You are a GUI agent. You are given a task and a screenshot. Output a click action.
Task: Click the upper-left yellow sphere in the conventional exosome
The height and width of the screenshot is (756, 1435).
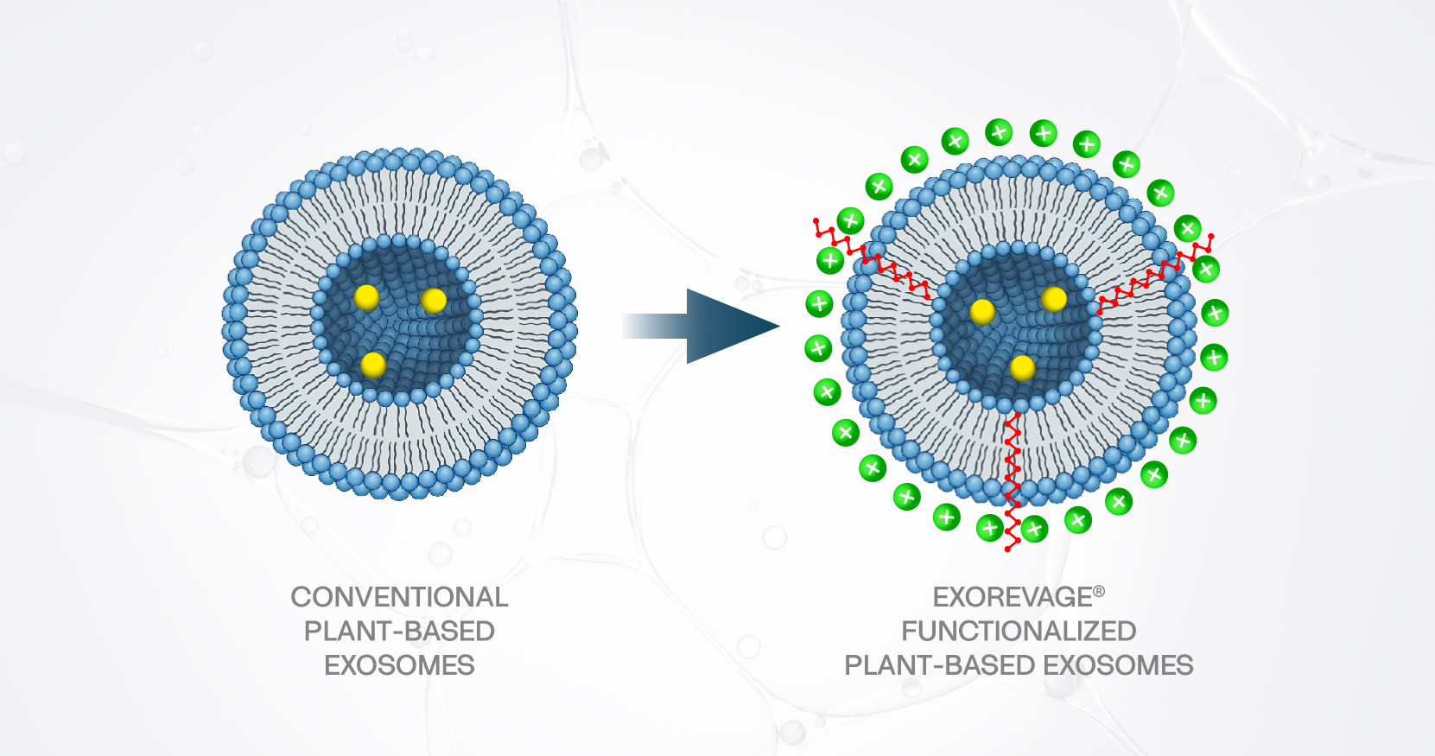pos(366,297)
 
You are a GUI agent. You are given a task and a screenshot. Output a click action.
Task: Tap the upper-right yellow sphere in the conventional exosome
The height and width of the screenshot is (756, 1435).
pos(434,301)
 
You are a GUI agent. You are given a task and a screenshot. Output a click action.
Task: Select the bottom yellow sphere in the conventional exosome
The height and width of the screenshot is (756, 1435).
pos(373,365)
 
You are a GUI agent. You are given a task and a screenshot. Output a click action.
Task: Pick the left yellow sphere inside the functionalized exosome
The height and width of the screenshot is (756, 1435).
pos(982,311)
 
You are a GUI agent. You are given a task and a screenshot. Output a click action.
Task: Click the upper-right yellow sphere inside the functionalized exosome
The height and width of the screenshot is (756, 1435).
pos(1054,299)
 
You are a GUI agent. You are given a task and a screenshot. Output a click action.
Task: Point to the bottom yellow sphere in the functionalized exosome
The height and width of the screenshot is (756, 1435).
pos(1023,368)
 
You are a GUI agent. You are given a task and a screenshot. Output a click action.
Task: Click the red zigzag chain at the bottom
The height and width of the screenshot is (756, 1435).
pos(1013,484)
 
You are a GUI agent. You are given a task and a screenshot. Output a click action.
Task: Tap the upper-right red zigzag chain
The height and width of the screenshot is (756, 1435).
pos(1153,275)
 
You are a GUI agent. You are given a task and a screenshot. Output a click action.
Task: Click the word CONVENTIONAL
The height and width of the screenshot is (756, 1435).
pos(399,597)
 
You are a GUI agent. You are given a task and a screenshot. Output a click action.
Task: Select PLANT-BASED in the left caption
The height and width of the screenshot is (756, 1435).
pos(399,632)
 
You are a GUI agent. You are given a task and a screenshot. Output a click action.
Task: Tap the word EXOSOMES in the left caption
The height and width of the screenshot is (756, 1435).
pos(399,665)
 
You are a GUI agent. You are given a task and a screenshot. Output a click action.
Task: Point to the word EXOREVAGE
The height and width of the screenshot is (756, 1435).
pos(1012,597)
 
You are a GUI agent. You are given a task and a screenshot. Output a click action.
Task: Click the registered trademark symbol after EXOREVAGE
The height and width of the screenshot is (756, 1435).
pos(1099,592)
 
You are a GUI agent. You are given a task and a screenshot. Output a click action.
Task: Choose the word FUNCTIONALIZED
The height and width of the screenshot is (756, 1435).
pos(1019,632)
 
